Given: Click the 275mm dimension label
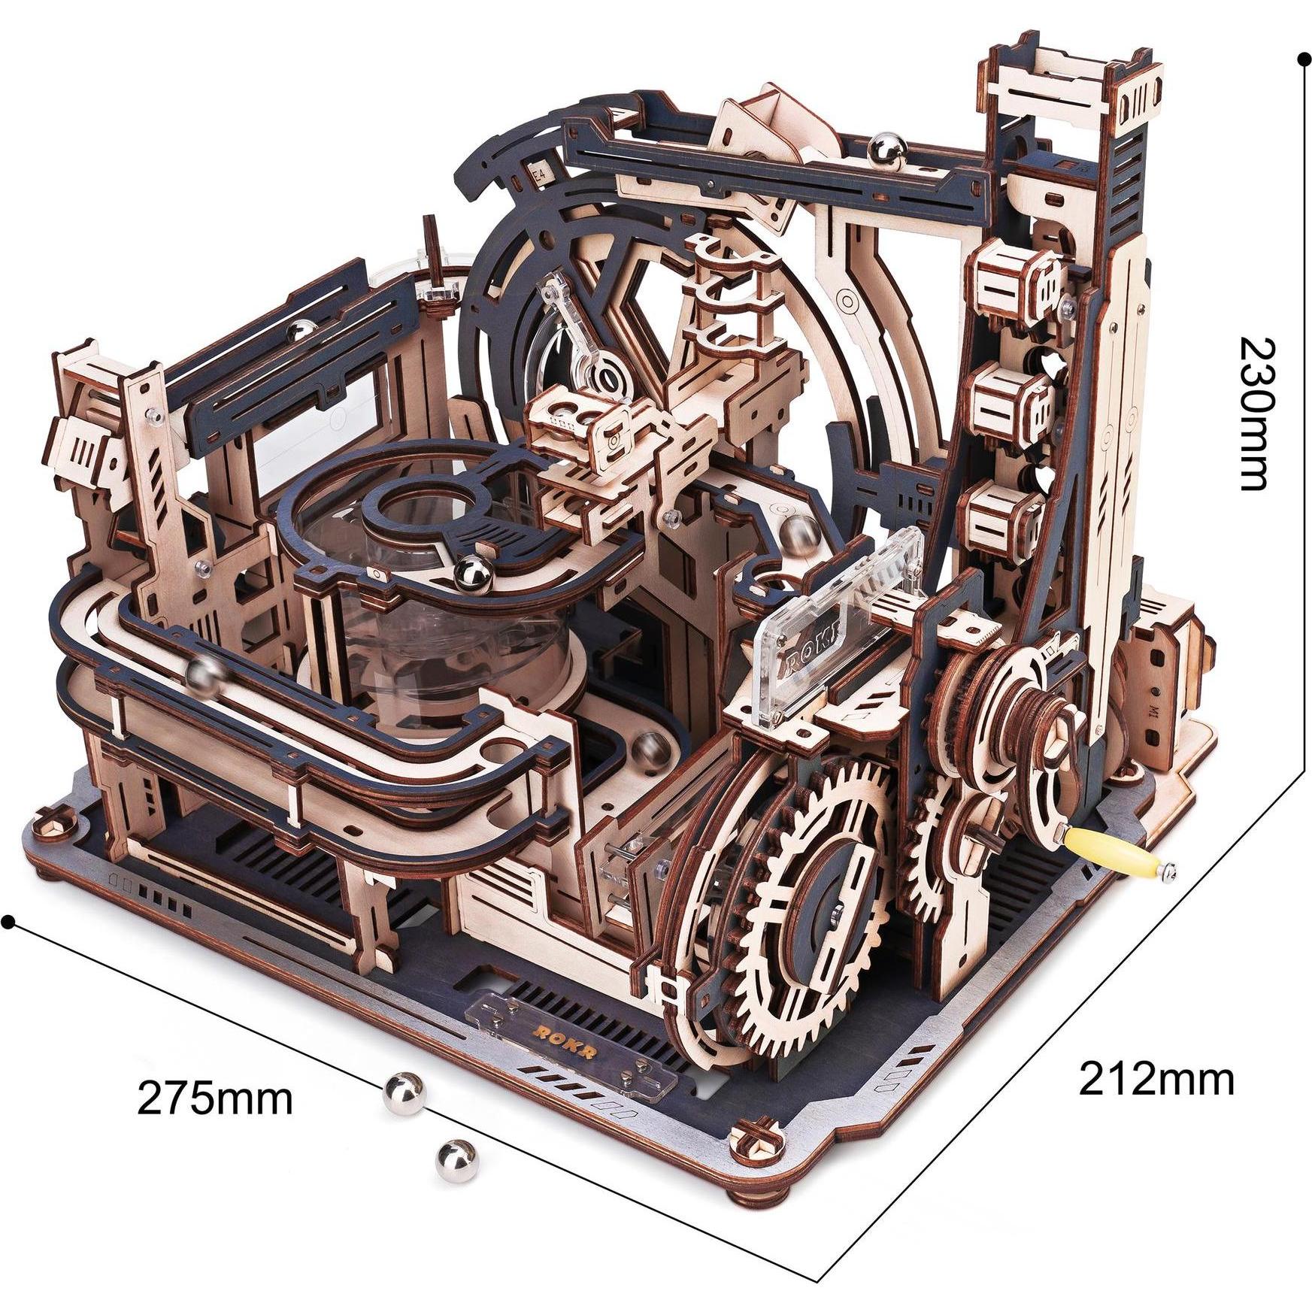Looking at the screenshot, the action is (x=214, y=1099).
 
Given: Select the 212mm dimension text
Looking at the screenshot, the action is (x=1157, y=1080).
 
